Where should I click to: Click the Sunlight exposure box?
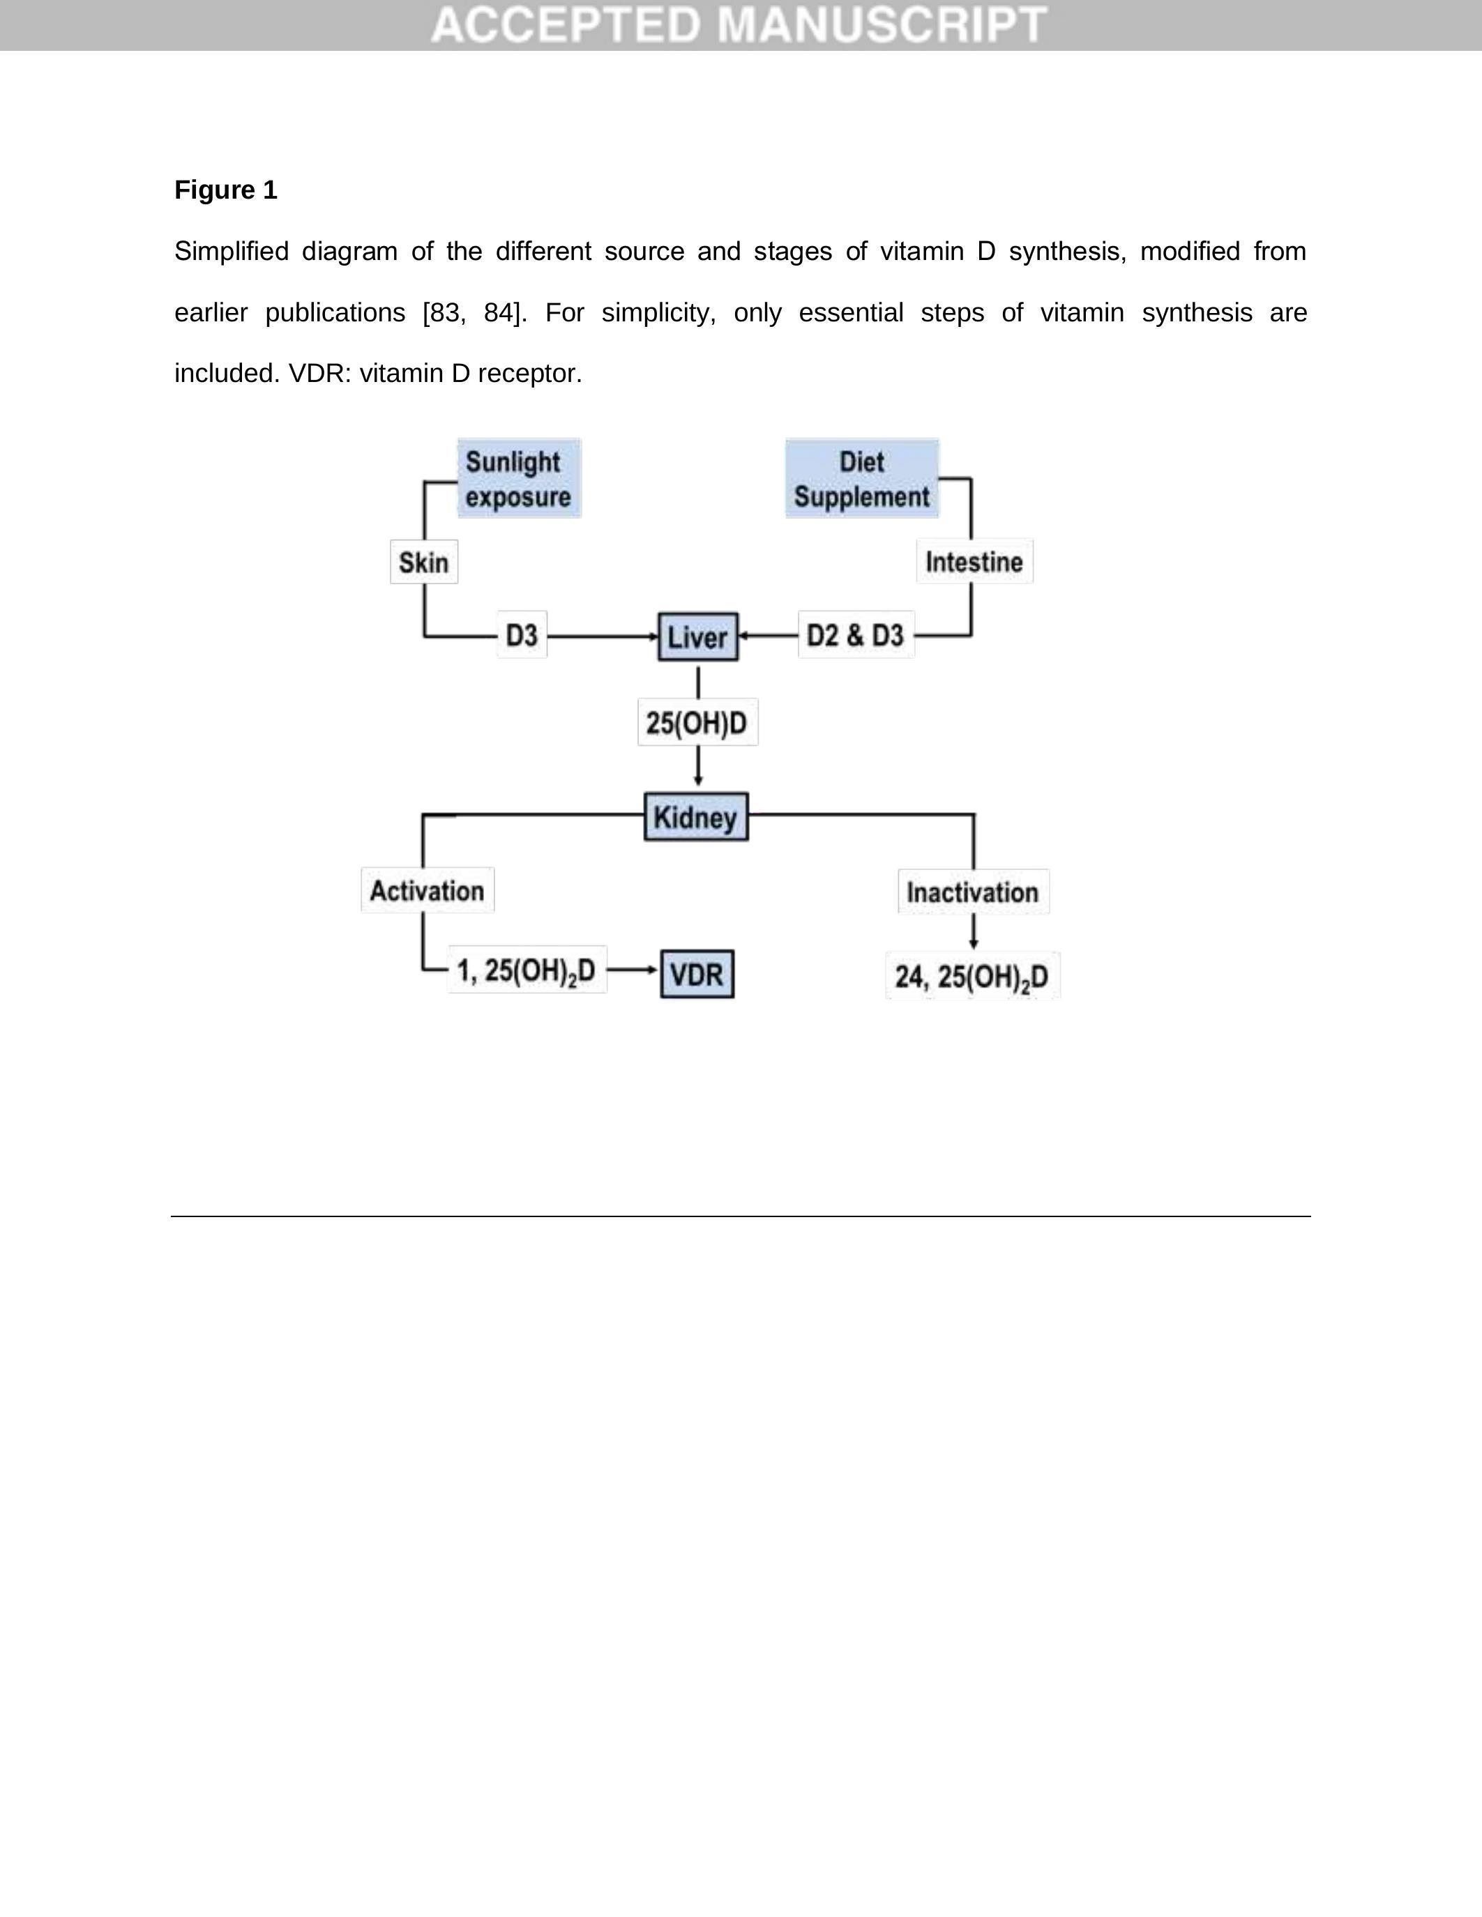(519, 478)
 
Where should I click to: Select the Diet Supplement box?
(861, 478)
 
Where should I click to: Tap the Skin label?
(424, 562)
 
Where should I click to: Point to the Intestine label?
(974, 562)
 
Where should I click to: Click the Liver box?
(698, 636)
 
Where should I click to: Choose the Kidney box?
(696, 817)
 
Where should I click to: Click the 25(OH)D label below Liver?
(697, 722)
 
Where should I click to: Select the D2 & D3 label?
(855, 634)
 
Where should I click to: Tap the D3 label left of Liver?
(522, 634)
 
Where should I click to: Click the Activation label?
(427, 891)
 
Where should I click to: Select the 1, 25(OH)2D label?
(527, 971)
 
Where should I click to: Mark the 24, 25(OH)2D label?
(972, 976)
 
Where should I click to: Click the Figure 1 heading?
(226, 190)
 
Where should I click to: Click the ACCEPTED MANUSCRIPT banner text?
(739, 24)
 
